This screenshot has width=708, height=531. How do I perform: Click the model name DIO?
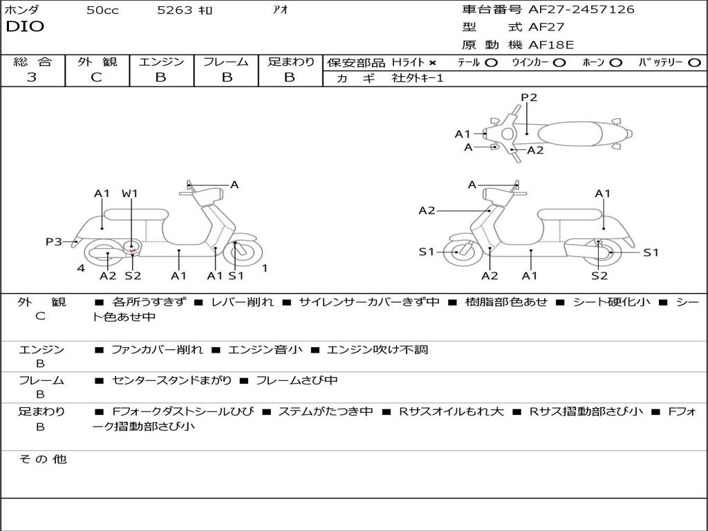[25, 27]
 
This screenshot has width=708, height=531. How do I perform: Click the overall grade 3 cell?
[32, 77]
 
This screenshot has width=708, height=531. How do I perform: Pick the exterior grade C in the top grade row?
[97, 77]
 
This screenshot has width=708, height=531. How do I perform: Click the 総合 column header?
[32, 62]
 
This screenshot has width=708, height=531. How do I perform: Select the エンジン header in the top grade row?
[161, 62]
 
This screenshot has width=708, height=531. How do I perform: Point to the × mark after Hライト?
[433, 63]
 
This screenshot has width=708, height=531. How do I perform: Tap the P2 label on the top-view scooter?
[529, 97]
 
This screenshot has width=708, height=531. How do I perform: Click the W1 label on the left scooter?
[130, 194]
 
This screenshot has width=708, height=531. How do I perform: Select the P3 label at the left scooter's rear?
[54, 241]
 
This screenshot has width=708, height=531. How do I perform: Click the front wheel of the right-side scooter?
[457, 252]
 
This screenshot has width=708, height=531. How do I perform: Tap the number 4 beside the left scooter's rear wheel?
[81, 268]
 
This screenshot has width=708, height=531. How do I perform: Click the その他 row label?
[42, 459]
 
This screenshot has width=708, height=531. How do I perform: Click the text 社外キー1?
[418, 78]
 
